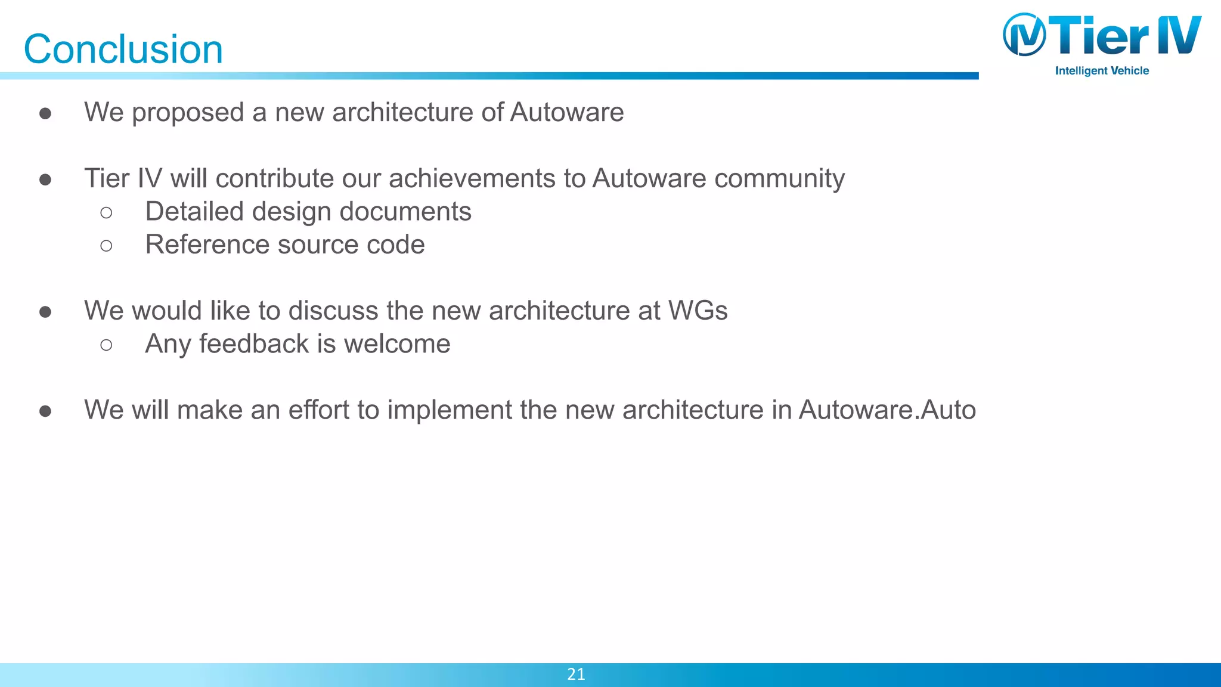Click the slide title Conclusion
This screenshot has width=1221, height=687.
pyautogui.click(x=123, y=49)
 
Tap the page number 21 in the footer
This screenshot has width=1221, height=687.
pyautogui.click(x=576, y=674)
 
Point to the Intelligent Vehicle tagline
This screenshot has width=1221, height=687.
pyautogui.click(x=1102, y=71)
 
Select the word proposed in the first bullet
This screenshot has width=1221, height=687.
pyautogui.click(x=188, y=113)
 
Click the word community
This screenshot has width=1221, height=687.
pyautogui.click(x=779, y=179)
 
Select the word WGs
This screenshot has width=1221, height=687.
pyautogui.click(x=698, y=311)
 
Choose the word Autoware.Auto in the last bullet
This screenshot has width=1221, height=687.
pyautogui.click(x=887, y=410)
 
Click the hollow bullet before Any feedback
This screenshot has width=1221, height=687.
pyautogui.click(x=107, y=345)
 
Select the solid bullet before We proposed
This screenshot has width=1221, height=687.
pyautogui.click(x=45, y=113)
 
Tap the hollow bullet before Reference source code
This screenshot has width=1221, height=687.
pyautogui.click(x=107, y=246)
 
